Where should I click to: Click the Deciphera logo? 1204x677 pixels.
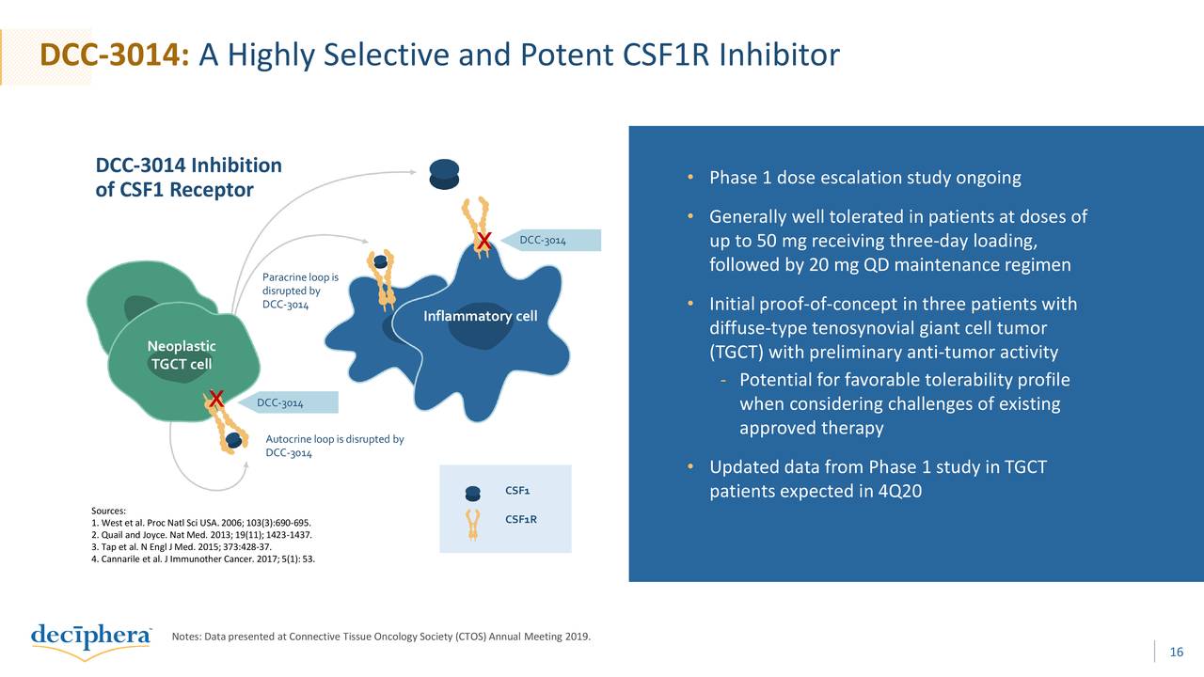tap(91, 638)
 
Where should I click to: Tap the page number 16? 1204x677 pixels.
tap(1176, 653)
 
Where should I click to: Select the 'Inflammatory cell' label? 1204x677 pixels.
tap(480, 316)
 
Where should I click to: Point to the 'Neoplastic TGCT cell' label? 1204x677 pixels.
tap(182, 355)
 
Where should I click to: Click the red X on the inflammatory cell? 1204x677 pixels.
tap(483, 242)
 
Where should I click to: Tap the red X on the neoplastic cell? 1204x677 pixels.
tap(215, 400)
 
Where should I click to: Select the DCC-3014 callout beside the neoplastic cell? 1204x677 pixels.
tap(287, 403)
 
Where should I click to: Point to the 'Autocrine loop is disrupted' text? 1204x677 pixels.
tap(334, 446)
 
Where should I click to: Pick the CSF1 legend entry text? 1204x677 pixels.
tap(517, 491)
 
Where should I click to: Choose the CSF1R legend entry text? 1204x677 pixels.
tap(520, 519)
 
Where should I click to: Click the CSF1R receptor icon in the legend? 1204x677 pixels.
tap(473, 524)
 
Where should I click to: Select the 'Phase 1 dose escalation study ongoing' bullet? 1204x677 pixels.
tap(864, 179)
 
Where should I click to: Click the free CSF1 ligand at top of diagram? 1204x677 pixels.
tap(444, 173)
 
